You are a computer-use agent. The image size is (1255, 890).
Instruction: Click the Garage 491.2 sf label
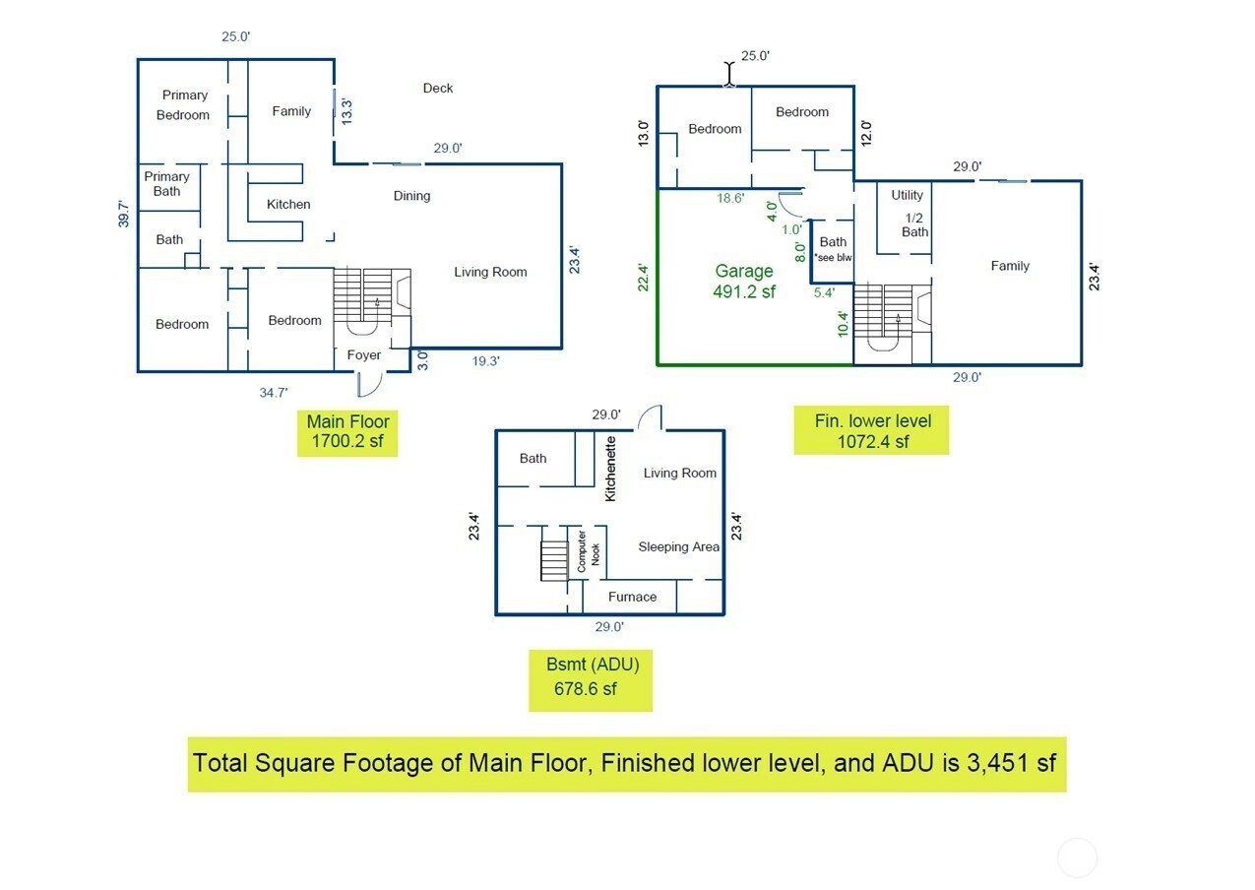click(743, 281)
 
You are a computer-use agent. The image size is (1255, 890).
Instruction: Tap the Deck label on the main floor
click(438, 89)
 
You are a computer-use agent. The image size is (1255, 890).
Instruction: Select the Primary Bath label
click(166, 184)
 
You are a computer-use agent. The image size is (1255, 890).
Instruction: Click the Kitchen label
click(288, 205)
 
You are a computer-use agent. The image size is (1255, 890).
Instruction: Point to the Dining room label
click(411, 196)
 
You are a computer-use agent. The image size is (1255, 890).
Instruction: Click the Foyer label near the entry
click(364, 355)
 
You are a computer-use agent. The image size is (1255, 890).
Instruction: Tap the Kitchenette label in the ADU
click(610, 469)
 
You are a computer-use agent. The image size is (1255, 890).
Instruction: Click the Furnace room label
click(632, 597)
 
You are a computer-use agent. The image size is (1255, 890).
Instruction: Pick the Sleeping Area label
click(678, 547)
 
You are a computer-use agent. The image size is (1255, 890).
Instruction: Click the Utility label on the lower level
click(907, 195)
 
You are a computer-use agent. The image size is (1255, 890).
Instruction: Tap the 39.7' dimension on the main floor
click(123, 214)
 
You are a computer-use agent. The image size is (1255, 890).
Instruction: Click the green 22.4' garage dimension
click(643, 278)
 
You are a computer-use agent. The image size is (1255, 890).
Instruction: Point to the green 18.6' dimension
click(729, 198)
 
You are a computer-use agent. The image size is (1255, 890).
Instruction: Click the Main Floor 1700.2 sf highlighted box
click(347, 433)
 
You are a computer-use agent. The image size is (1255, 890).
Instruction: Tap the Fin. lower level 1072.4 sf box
click(871, 431)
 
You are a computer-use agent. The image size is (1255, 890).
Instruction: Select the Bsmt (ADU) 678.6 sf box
click(591, 676)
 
